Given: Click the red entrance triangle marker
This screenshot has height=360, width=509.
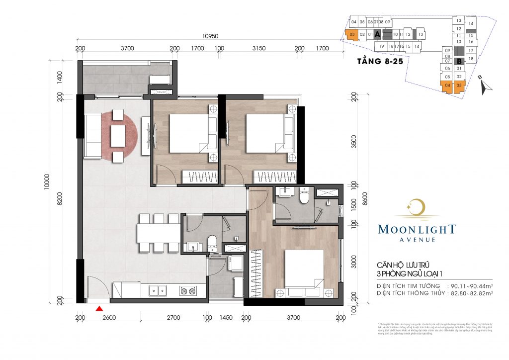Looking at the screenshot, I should pyautogui.click(x=99, y=309).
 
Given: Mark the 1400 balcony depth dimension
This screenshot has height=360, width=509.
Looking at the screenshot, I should pyautogui.click(x=60, y=76).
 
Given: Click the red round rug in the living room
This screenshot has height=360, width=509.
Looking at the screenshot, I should pyautogui.click(x=119, y=136).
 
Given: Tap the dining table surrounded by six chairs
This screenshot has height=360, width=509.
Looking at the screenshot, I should pyautogui.click(x=159, y=233).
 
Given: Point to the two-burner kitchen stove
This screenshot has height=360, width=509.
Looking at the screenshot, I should pyautogui.click(x=187, y=289).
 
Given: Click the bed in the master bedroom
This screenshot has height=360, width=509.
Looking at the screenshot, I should pyautogui.click(x=304, y=269).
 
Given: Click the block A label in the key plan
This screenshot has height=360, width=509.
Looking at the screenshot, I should pyautogui.click(x=377, y=34).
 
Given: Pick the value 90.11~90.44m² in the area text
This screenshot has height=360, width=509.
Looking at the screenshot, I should pyautogui.click(x=471, y=285).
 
